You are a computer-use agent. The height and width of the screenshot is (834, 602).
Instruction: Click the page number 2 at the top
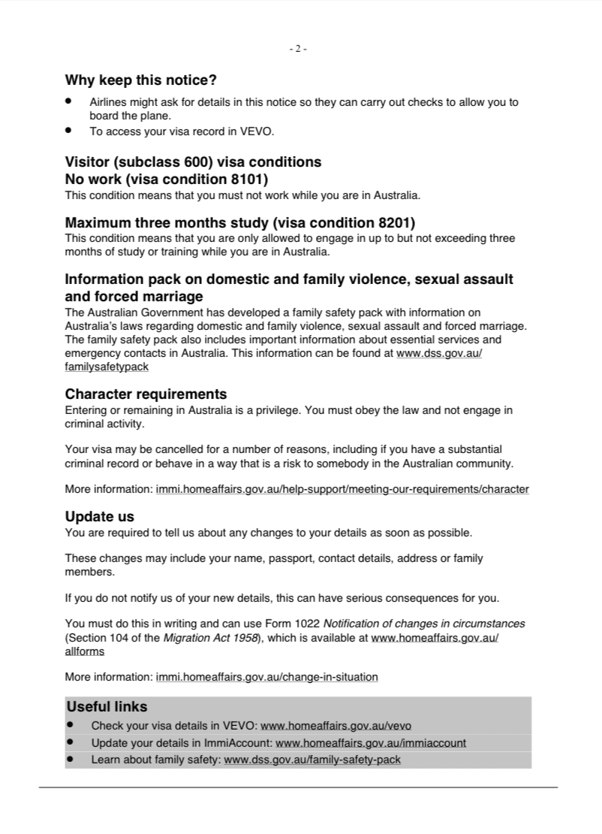tap(298, 49)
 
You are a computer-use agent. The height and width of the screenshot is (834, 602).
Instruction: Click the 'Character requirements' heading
tap(146, 394)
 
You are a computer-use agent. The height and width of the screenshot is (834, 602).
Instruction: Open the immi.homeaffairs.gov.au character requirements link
tap(342, 489)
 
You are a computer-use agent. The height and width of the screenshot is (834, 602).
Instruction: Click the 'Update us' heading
tap(100, 517)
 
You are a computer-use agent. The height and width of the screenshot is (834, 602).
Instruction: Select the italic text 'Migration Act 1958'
tap(212, 639)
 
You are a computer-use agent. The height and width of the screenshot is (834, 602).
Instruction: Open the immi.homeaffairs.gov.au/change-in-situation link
tap(266, 677)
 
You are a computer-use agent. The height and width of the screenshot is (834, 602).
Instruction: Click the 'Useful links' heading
tap(107, 707)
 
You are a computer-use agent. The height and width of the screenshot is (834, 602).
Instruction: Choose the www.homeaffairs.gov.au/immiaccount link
tap(371, 743)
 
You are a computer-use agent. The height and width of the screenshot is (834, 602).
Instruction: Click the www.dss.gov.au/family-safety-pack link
tap(312, 760)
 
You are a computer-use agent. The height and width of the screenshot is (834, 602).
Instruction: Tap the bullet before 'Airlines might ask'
tap(69, 101)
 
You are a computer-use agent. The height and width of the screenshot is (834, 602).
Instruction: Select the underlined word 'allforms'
tap(85, 652)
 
